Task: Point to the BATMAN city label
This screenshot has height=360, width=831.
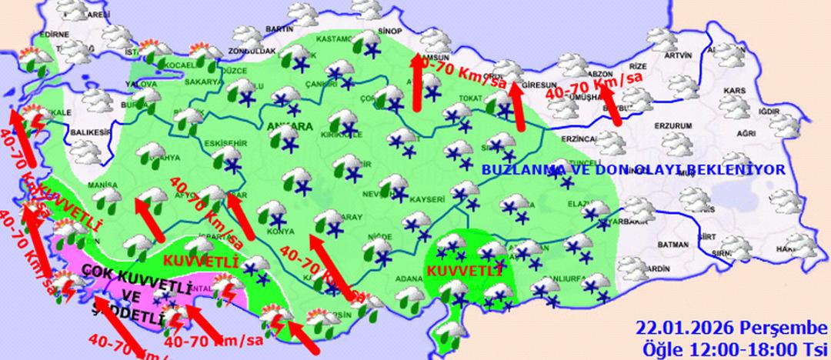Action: click(674, 245)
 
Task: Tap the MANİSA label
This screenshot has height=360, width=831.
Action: click(102, 185)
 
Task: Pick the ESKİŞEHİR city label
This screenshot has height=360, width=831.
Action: click(224, 143)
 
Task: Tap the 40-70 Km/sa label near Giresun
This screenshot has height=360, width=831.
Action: click(459, 75)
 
